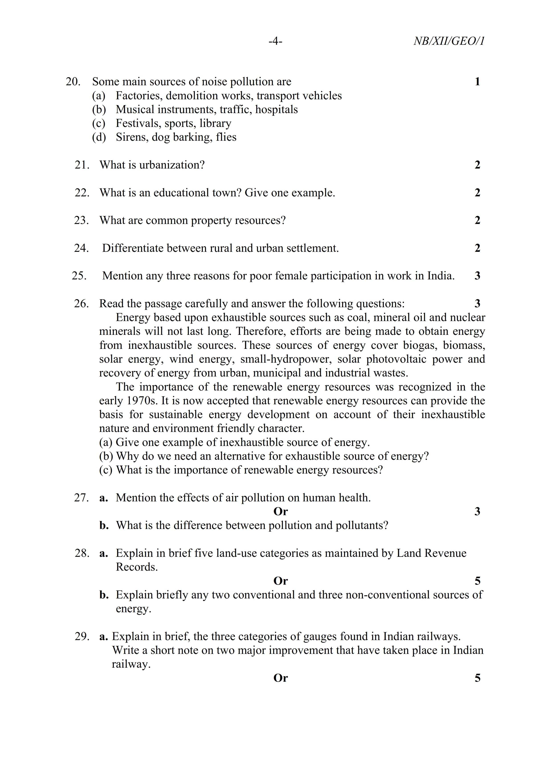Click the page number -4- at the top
point(275,41)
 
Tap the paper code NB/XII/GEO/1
point(449,41)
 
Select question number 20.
point(73,82)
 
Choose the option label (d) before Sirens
point(99,137)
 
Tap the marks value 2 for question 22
point(477,193)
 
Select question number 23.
point(82,220)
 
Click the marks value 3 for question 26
point(477,303)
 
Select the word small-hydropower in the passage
point(285,359)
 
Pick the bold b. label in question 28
point(104,595)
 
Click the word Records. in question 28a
point(137,567)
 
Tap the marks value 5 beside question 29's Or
point(477,678)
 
